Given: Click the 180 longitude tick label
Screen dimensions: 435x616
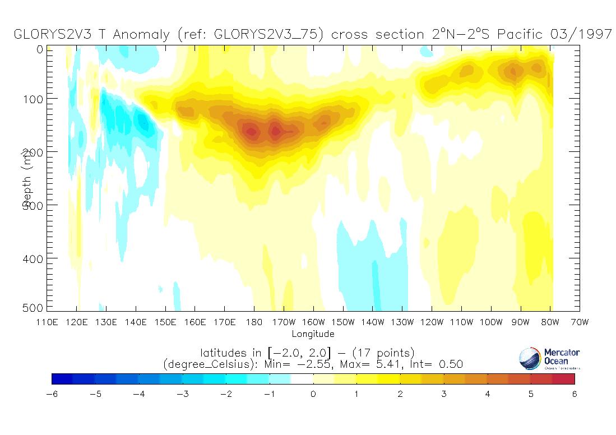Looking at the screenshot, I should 254,322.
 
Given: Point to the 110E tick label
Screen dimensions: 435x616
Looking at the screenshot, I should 47,322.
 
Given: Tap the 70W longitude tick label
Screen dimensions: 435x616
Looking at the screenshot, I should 580,322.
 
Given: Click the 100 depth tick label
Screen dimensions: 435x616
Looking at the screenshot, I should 36,99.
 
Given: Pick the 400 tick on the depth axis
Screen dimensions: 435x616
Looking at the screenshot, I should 36,258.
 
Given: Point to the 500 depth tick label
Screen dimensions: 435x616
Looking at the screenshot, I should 36,307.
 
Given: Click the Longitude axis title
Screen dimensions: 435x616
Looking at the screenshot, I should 313,334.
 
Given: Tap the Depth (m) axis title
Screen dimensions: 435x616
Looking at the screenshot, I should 26,178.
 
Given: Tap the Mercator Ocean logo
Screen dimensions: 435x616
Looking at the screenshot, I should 550,359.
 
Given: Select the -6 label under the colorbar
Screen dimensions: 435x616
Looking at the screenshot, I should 51,394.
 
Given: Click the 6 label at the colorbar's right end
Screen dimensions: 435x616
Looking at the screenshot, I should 575,394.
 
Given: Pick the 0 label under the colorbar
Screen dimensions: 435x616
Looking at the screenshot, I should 313,394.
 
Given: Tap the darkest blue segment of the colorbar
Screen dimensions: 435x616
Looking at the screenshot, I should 62,379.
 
